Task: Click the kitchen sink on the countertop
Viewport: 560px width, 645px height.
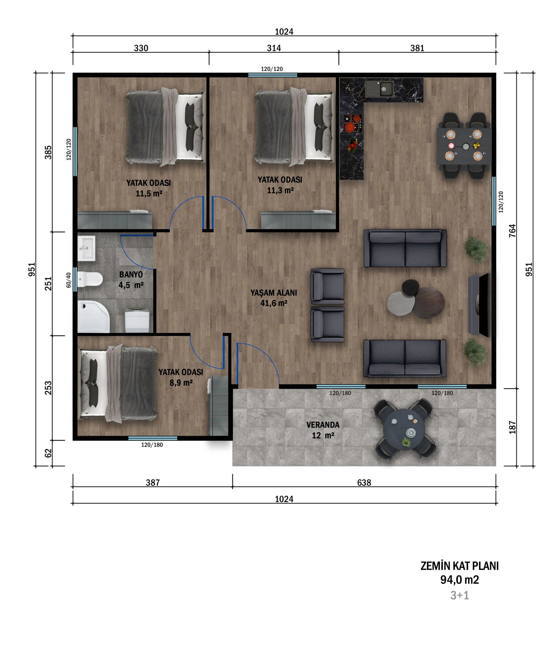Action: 380,89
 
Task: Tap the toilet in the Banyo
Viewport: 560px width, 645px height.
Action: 90,279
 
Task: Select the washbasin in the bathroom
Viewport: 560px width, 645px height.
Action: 86,248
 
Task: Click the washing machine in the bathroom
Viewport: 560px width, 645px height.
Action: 137,320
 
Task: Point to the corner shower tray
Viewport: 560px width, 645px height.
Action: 93,317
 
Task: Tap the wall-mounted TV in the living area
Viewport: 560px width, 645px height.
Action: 484,304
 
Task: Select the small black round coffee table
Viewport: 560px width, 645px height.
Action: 410,288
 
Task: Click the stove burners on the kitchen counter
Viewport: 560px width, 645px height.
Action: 352,123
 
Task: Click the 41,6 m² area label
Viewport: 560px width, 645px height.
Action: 274,303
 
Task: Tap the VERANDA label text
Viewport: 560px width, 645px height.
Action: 323,425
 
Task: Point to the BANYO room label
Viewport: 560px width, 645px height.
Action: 131,274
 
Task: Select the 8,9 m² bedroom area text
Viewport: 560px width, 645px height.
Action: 181,383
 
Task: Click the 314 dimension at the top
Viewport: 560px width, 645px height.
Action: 274,48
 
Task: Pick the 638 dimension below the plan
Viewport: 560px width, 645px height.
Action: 364,483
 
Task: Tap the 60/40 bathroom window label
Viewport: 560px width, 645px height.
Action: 68,280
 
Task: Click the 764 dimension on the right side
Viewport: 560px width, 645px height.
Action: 512,231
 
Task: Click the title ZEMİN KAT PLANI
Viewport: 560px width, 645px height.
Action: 460,566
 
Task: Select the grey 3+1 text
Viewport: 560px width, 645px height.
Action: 460,595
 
